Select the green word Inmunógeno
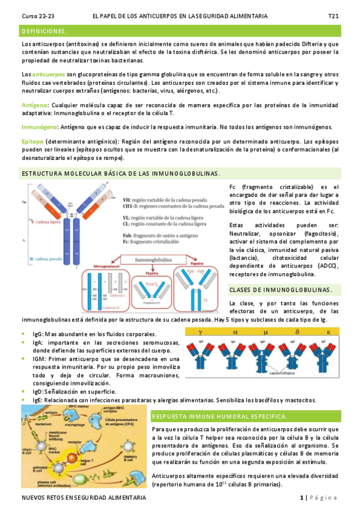pos(39,127)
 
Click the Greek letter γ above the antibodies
pos(201,332)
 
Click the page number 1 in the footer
pos(301,498)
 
